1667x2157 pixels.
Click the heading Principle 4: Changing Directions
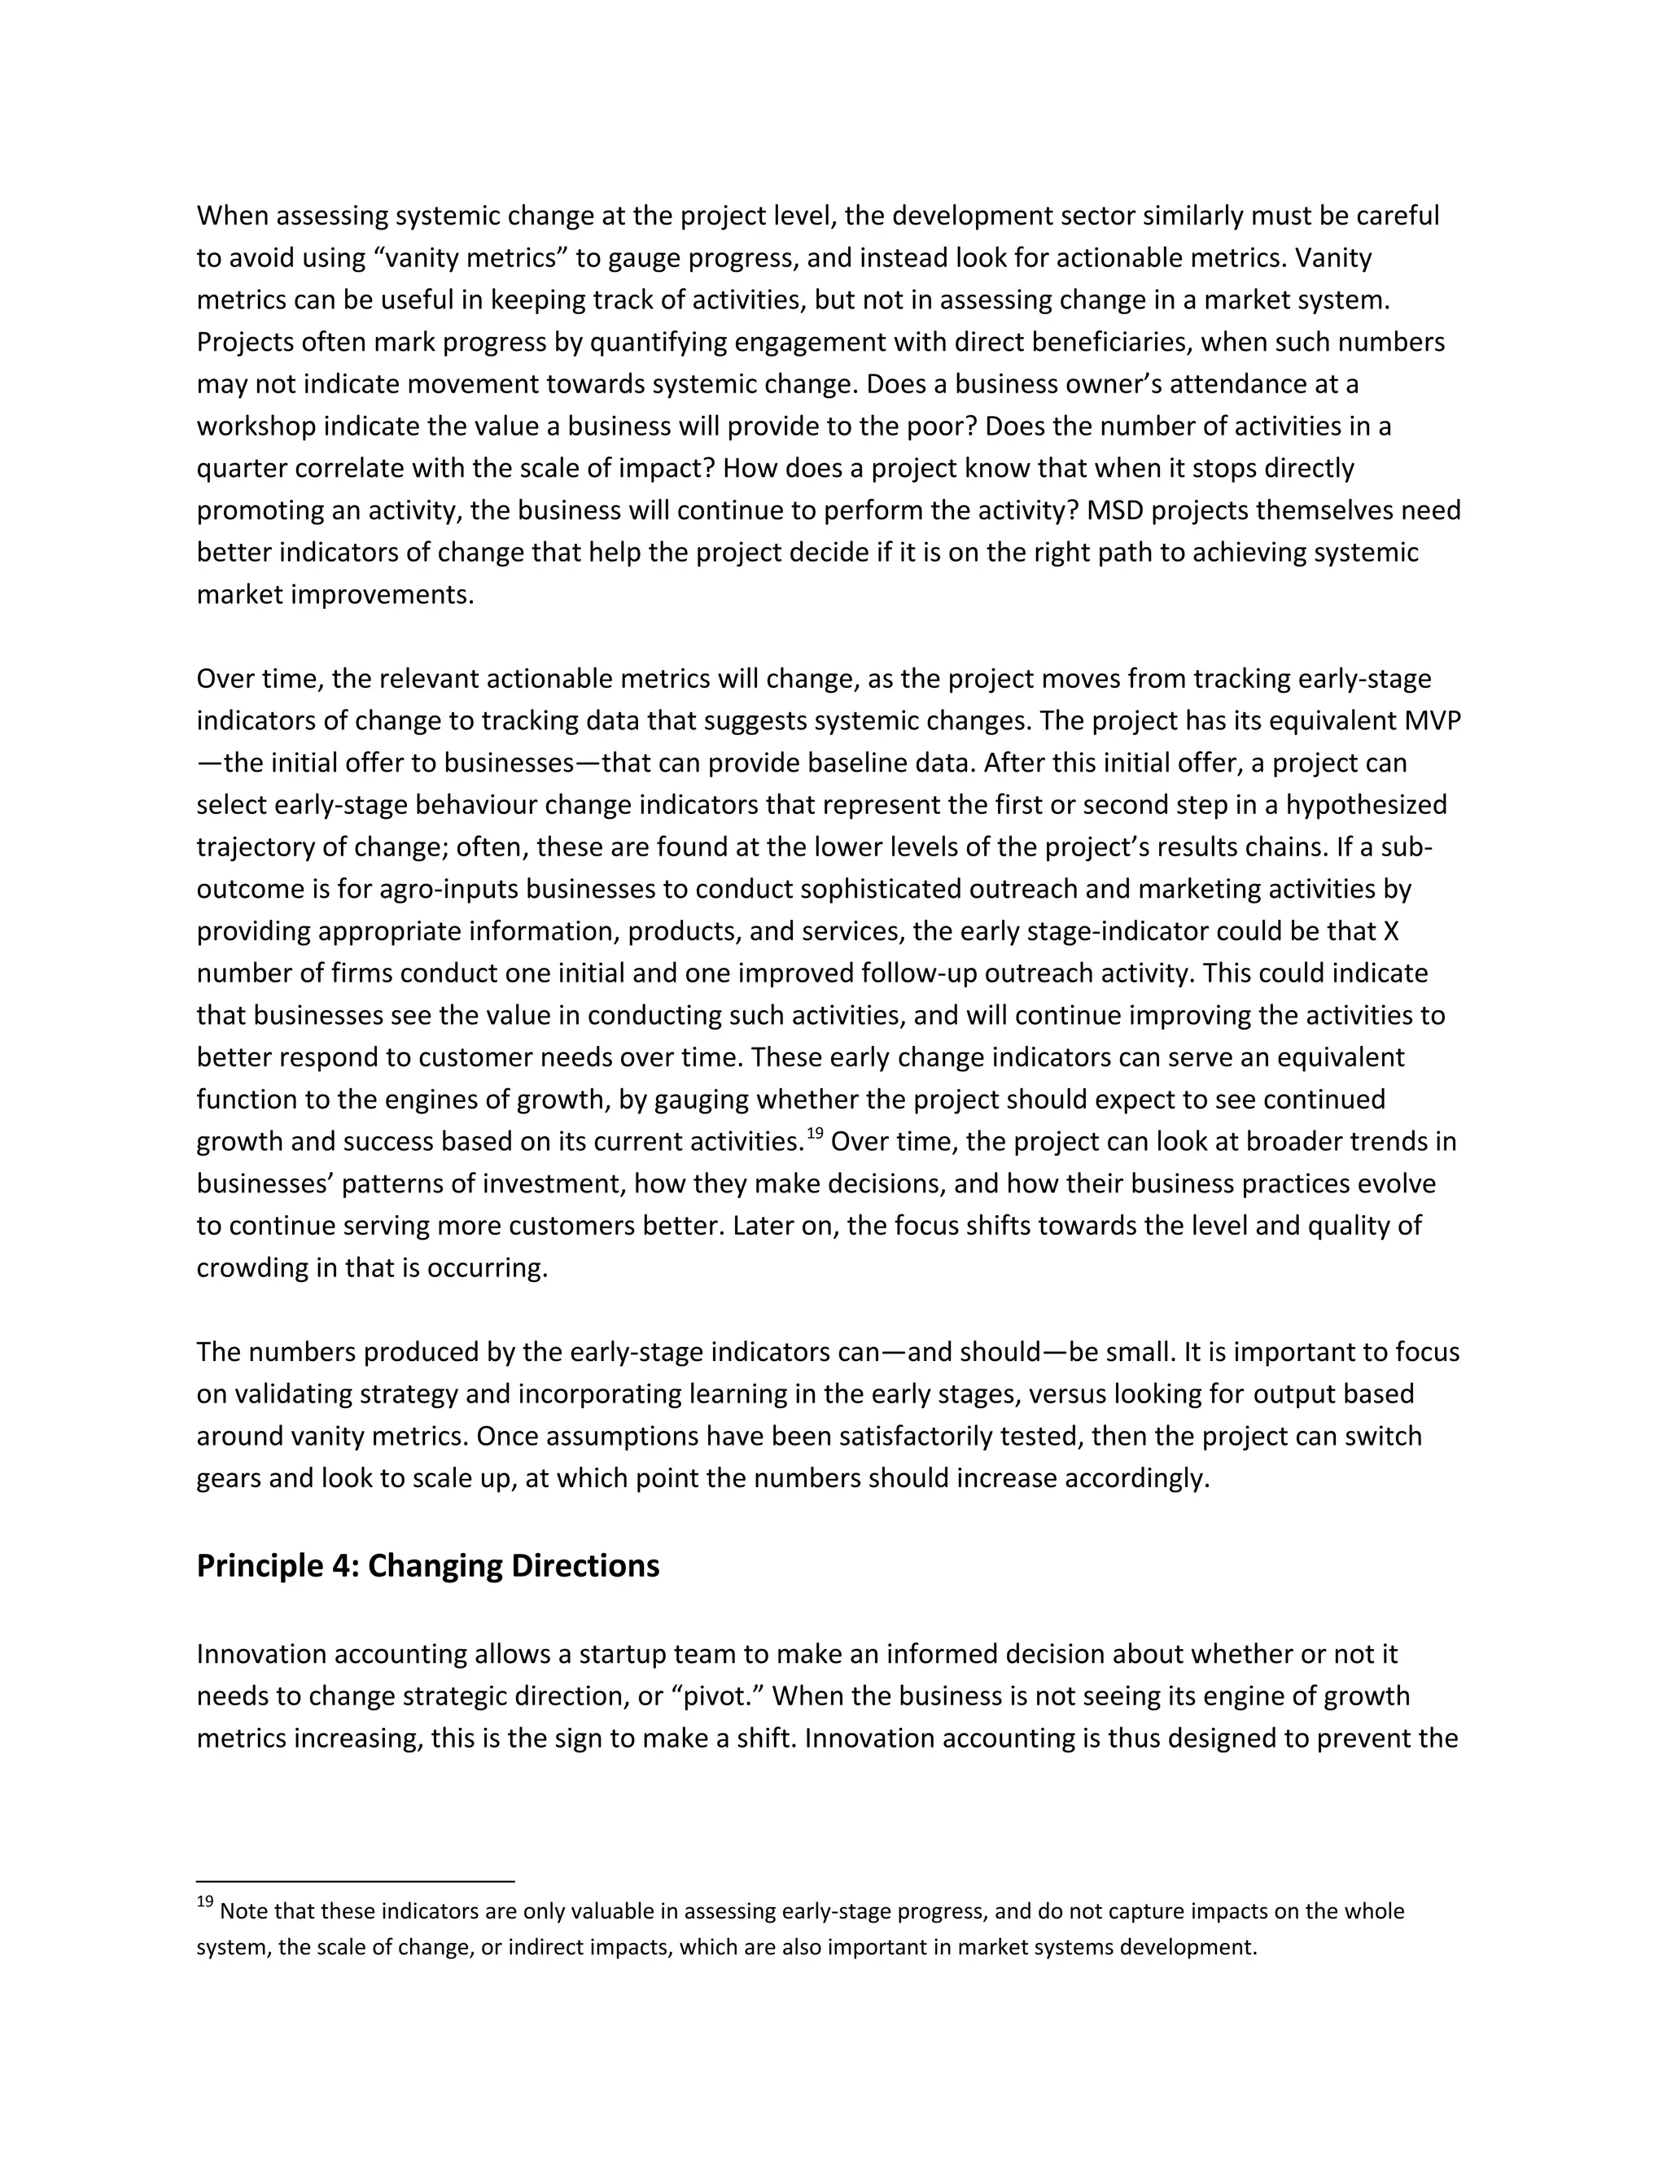point(427,1566)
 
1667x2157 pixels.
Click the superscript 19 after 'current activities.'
point(815,1134)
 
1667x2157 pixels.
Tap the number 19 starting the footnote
point(204,1902)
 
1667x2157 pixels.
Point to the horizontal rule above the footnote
point(356,1880)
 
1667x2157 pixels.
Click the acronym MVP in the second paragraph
point(1432,721)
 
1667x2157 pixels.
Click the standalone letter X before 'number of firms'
point(1390,931)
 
